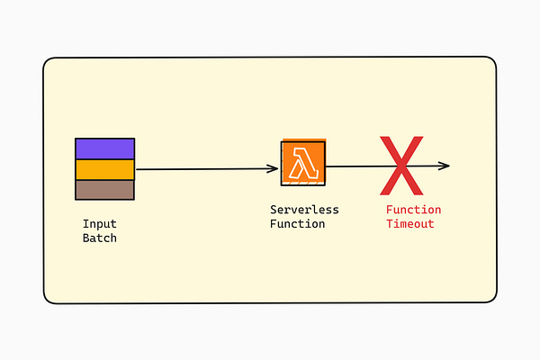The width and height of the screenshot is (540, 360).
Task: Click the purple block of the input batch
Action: [x=104, y=148]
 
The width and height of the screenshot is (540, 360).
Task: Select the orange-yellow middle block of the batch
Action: [x=104, y=169]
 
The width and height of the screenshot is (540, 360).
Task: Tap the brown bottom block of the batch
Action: [x=104, y=189]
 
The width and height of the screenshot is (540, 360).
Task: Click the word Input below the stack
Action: [x=100, y=224]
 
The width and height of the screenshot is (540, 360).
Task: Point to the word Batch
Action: [x=100, y=238]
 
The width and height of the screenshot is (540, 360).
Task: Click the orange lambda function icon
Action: [x=303, y=164]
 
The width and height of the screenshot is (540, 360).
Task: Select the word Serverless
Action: [x=304, y=210]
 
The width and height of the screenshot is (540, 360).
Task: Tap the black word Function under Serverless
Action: [x=297, y=224]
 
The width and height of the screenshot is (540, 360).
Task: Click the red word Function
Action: [x=414, y=210]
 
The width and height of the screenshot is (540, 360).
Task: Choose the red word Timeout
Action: [x=410, y=224]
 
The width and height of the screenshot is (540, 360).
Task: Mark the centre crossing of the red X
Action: [x=400, y=166]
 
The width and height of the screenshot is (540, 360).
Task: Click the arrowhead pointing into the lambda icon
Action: [x=274, y=168]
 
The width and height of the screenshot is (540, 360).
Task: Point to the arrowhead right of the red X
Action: [x=445, y=166]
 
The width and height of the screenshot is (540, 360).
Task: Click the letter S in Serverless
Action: [x=274, y=210]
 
